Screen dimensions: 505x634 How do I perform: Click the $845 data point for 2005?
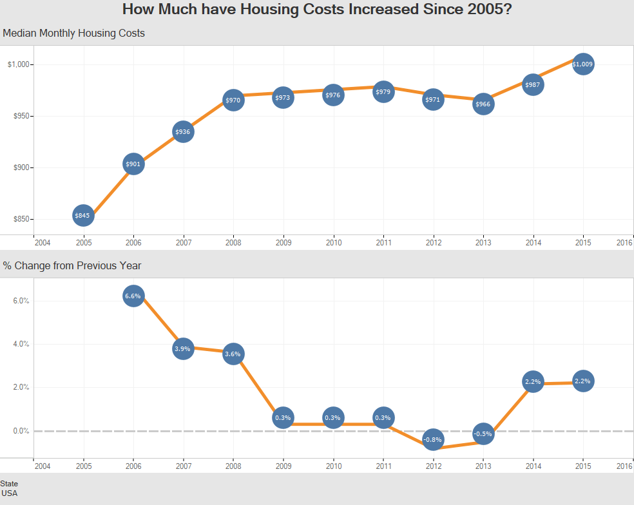(82, 215)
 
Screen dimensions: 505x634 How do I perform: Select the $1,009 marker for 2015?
(582, 64)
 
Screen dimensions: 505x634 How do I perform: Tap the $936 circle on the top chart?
(183, 132)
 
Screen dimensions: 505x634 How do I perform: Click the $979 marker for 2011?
(383, 92)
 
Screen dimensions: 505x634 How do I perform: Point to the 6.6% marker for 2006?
(133, 296)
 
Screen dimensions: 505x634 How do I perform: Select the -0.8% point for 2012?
(433, 440)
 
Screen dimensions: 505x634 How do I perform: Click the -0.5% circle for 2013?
(483, 434)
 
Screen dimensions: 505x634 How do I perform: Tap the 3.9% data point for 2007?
(183, 348)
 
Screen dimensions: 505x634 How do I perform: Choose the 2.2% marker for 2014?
(533, 381)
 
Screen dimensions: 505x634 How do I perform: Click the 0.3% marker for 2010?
(333, 417)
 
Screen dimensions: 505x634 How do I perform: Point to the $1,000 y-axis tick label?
(19, 64)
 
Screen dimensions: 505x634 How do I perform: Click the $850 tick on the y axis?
(21, 219)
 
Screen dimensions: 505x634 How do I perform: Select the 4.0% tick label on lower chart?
(21, 344)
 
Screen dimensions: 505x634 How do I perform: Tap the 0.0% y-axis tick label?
(21, 431)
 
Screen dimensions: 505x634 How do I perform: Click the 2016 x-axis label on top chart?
(624, 243)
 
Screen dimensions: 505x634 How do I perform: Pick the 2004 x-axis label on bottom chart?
(42, 466)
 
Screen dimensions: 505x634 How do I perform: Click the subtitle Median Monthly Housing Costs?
(74, 33)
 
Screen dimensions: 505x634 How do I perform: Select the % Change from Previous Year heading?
(72, 265)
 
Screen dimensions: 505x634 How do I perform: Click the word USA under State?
(10, 493)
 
